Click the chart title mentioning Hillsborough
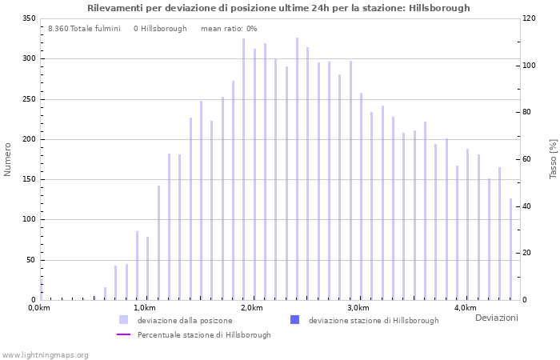(x=278, y=8)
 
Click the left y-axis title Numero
(x=8, y=159)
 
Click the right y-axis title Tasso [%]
(x=553, y=158)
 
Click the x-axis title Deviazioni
(x=496, y=318)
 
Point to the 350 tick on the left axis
(x=28, y=18)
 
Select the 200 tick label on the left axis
(x=28, y=139)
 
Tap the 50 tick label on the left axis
(x=30, y=260)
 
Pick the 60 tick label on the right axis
(x=528, y=159)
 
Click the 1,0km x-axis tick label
(x=145, y=308)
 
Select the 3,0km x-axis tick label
(x=358, y=308)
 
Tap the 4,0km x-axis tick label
(x=465, y=308)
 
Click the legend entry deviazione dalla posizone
(x=184, y=320)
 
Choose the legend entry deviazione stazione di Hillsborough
(x=373, y=320)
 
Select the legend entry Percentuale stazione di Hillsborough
(x=203, y=335)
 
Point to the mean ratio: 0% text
(x=229, y=29)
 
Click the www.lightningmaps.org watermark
(x=46, y=355)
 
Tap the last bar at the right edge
(x=510, y=249)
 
